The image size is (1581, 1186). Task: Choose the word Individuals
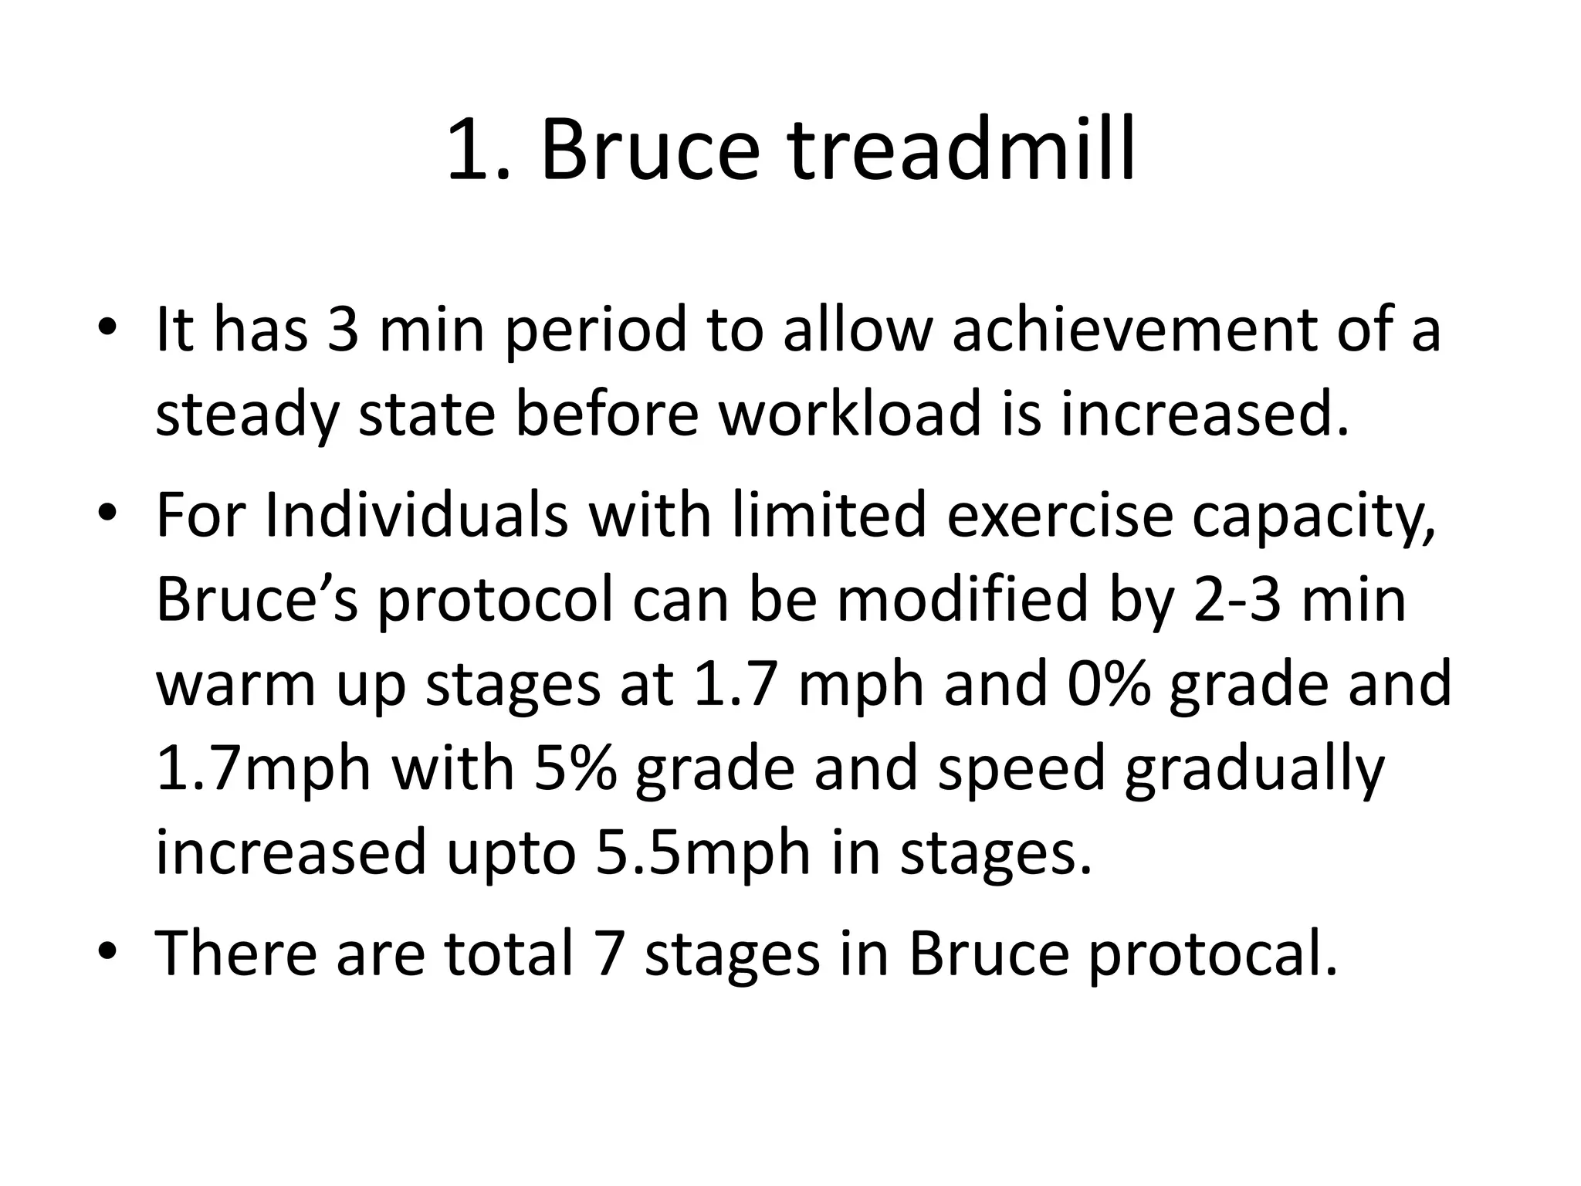click(x=417, y=515)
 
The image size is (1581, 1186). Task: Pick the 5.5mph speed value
click(x=703, y=853)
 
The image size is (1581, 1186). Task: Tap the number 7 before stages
click(x=610, y=954)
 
